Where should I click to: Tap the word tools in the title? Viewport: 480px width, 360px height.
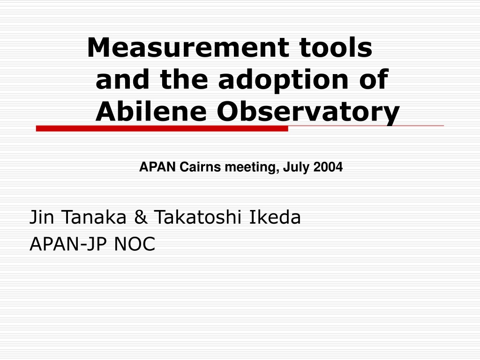[x=336, y=47]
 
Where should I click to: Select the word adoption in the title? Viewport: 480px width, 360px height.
[x=283, y=80]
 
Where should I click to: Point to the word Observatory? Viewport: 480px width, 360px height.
[x=308, y=112]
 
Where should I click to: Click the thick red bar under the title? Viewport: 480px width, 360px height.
[x=162, y=128]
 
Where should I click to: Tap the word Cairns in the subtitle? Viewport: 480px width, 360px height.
[x=200, y=167]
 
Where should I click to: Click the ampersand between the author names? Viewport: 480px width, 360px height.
[x=141, y=217]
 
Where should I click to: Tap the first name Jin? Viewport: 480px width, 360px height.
[x=42, y=217]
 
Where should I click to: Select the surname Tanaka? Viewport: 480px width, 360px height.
[x=94, y=217]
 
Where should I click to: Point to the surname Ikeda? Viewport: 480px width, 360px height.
[x=275, y=217]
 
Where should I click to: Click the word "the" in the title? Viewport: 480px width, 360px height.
[x=184, y=79]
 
